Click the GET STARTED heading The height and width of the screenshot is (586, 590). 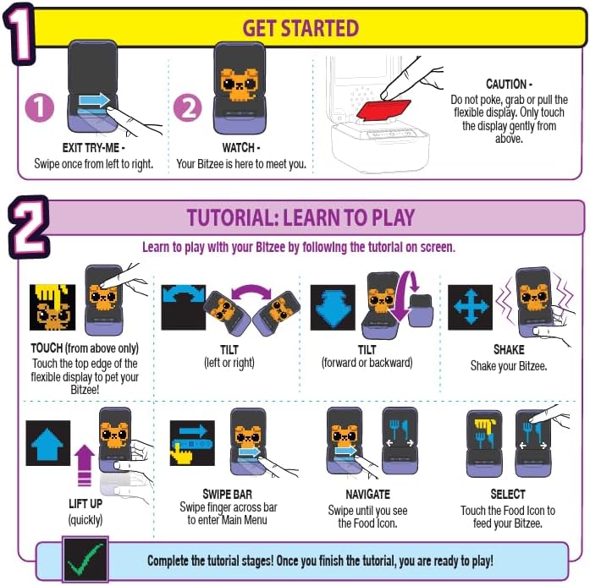(301, 28)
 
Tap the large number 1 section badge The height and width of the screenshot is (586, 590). (19, 34)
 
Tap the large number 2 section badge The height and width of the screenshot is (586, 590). (29, 227)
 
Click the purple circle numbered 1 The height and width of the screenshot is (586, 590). (40, 107)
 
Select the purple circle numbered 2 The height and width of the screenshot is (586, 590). (188, 107)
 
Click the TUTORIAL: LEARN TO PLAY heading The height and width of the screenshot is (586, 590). (301, 217)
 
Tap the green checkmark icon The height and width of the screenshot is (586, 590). (85, 559)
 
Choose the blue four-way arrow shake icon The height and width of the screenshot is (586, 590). (470, 307)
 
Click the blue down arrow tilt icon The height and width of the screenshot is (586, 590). (333, 307)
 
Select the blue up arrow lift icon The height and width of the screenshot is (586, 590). (47, 443)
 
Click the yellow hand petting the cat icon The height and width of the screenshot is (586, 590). (52, 307)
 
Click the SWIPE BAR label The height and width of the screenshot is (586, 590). (227, 494)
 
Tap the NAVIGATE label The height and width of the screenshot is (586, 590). (367, 494)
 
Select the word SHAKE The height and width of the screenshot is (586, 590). (509, 349)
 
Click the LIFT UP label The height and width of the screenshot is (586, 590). (85, 503)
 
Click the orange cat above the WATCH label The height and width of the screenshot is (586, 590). (239, 85)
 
